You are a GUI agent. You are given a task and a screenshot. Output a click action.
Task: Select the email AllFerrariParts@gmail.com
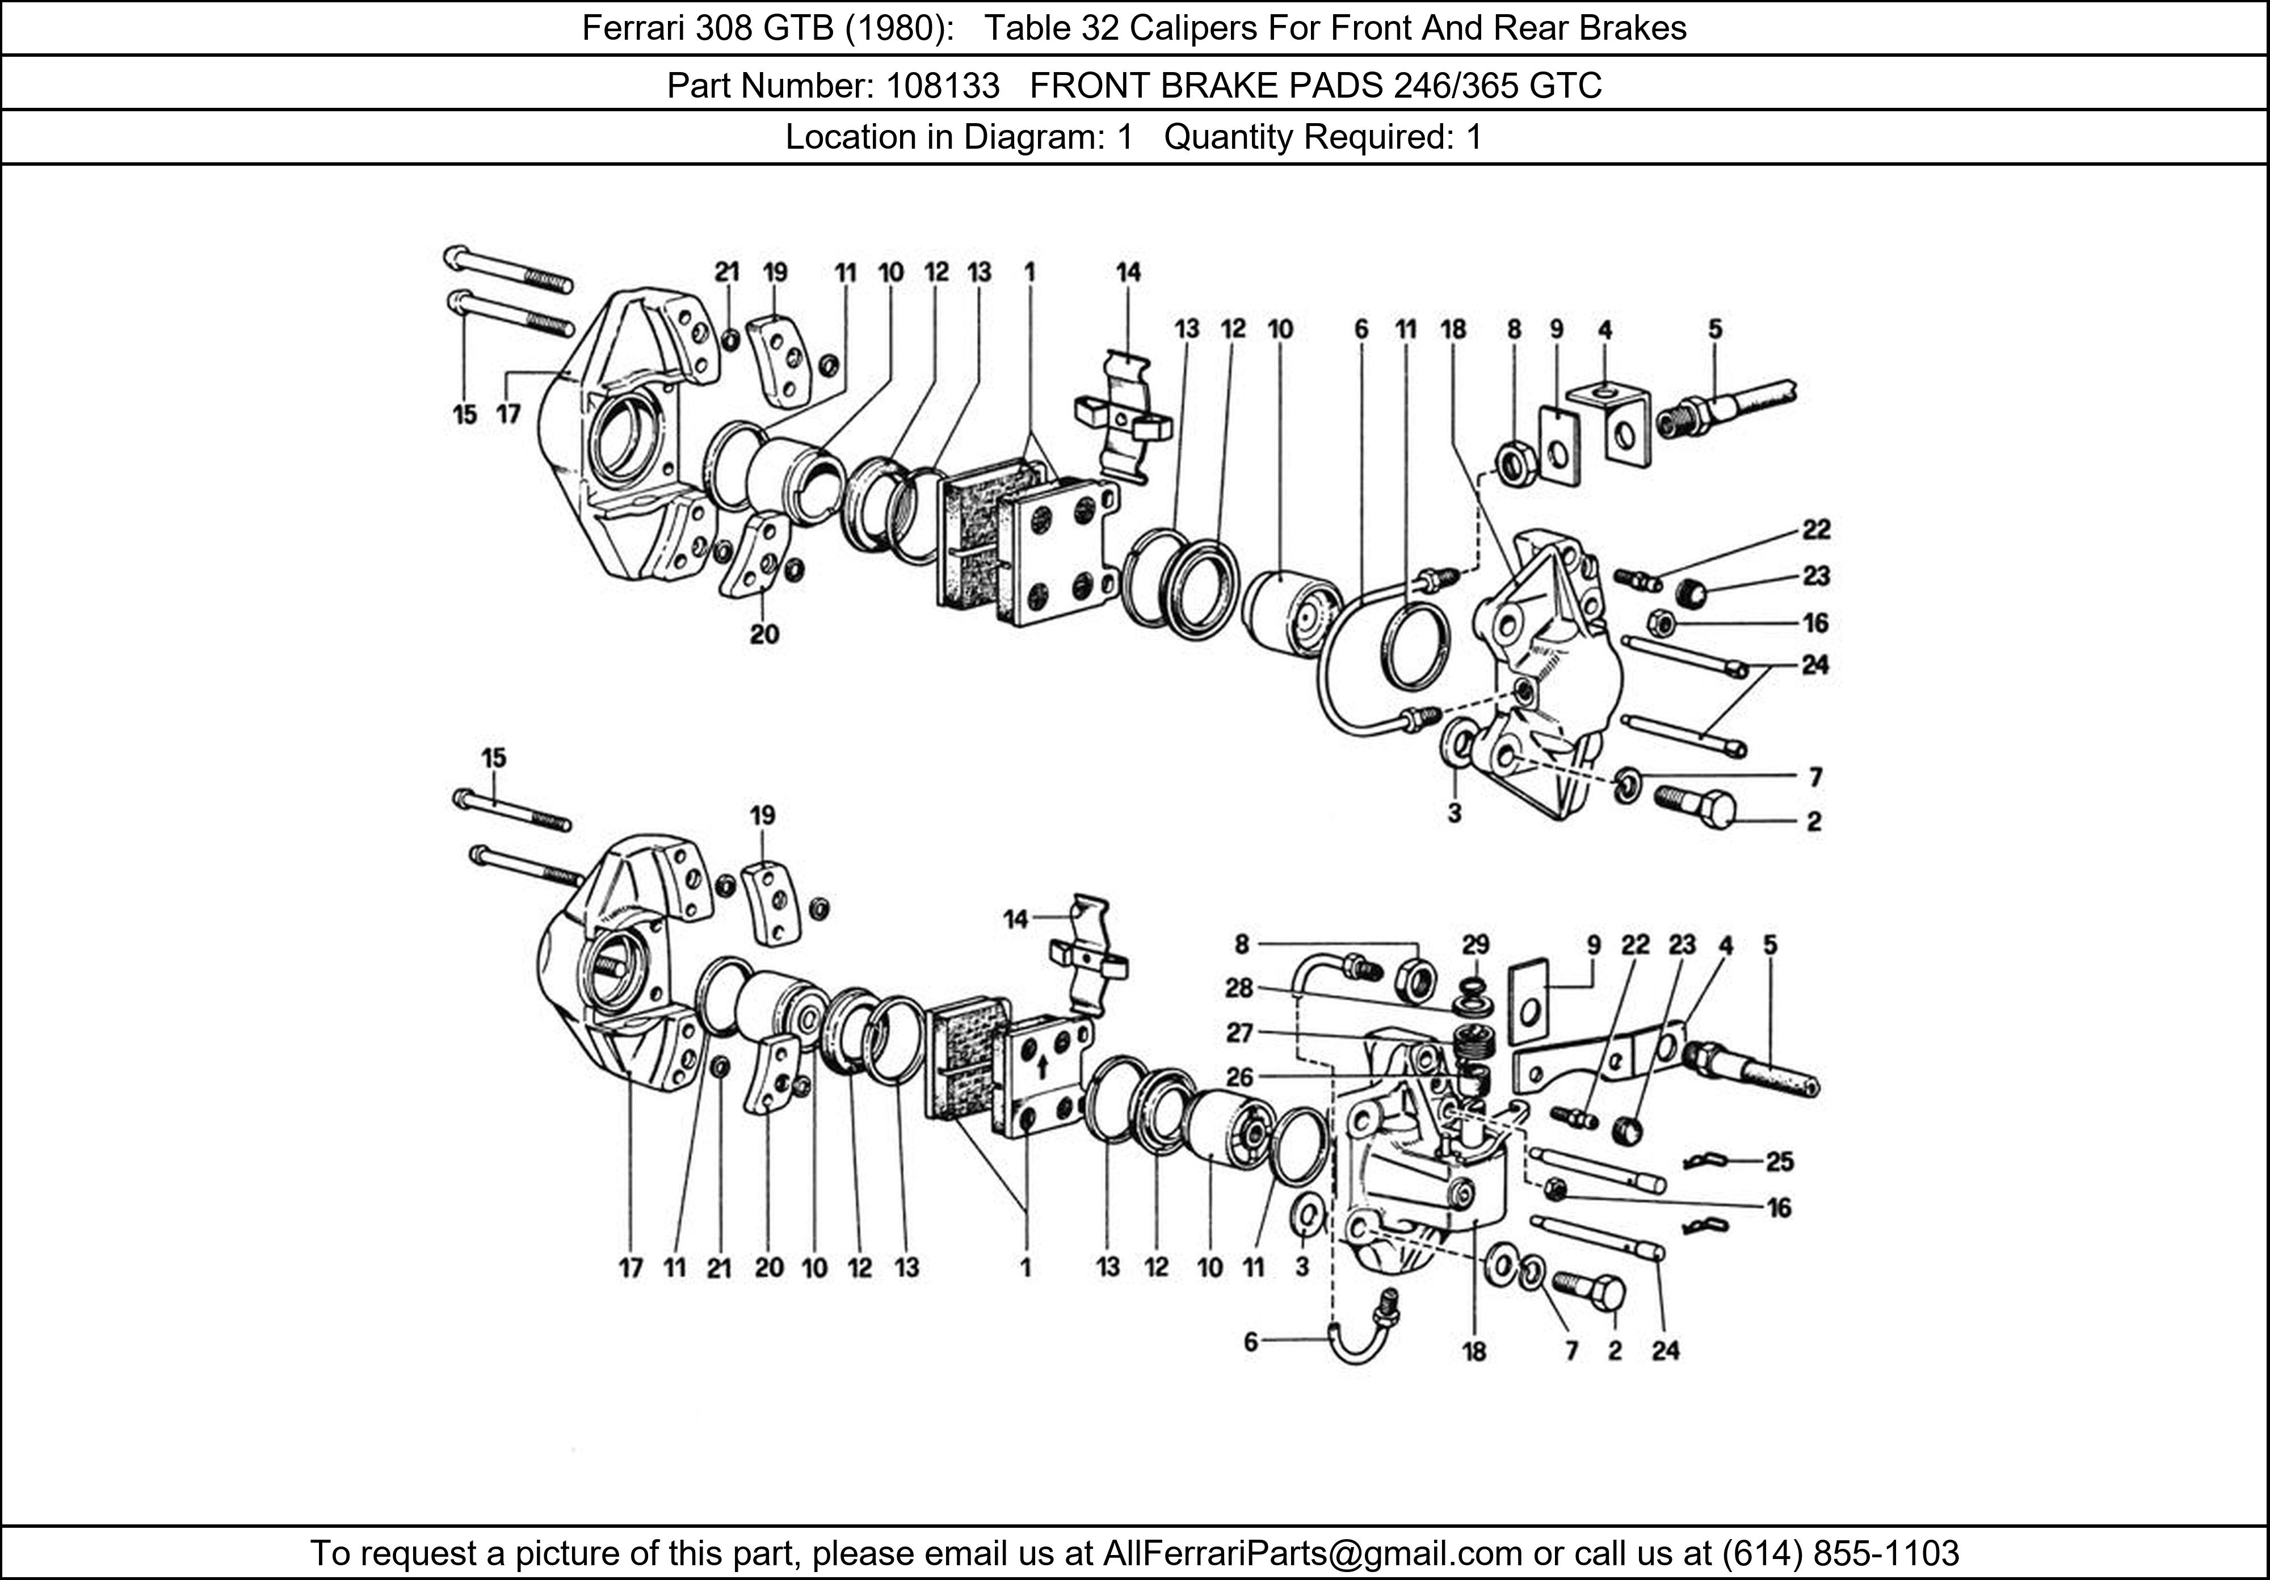tap(1312, 1553)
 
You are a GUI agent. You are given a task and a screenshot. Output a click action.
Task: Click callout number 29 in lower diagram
tap(1475, 946)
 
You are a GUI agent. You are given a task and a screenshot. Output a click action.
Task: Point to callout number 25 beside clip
tap(1780, 1162)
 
